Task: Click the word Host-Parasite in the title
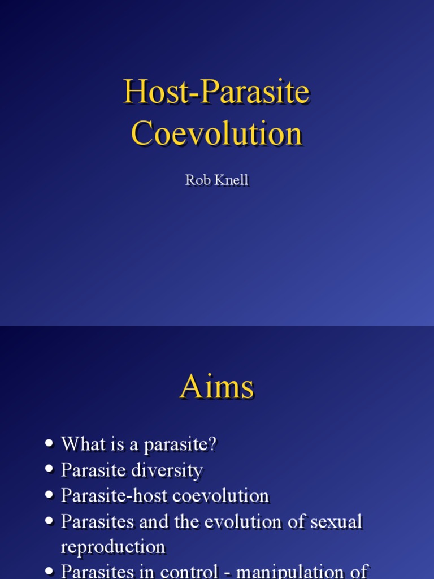(216, 93)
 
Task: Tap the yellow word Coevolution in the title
(216, 134)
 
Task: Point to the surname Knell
(231, 180)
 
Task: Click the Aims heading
(216, 388)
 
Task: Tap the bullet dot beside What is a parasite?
(50, 444)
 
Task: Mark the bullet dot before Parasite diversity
(50, 470)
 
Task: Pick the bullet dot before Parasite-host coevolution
(50, 496)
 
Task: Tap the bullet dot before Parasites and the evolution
(50, 522)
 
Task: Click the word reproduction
(113, 547)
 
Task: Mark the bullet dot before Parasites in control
(50, 573)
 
